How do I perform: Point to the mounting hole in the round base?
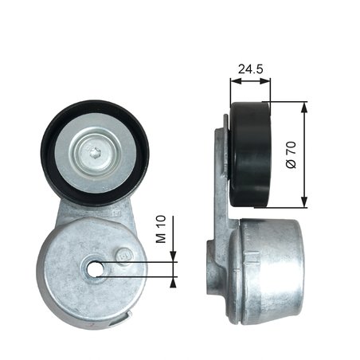click(x=96, y=268)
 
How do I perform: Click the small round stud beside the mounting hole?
click(x=123, y=255)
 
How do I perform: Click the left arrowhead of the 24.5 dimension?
click(x=233, y=80)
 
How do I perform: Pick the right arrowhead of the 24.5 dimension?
click(x=268, y=80)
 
